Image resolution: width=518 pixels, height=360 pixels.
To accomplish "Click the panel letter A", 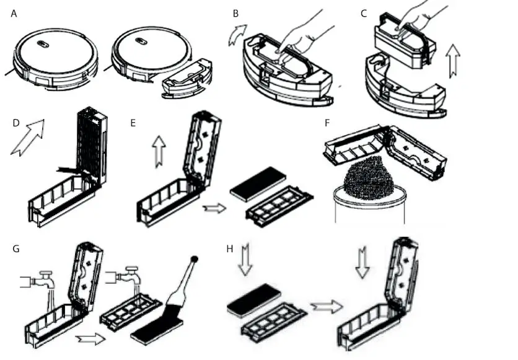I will (x=14, y=13).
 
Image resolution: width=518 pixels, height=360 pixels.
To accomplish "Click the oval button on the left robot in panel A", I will (x=43, y=44).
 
